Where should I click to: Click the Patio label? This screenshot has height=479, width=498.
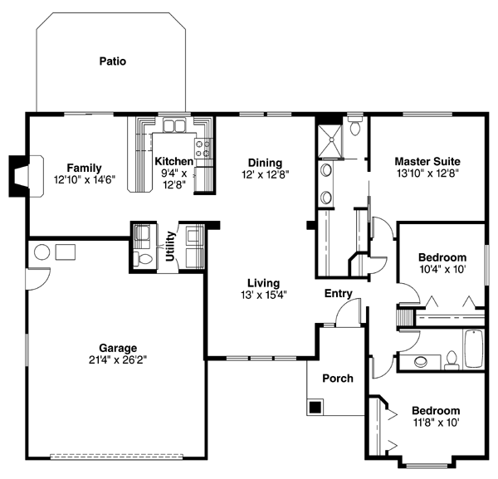pyautogui.click(x=113, y=61)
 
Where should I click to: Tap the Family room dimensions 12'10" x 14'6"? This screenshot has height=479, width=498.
pyautogui.click(x=85, y=180)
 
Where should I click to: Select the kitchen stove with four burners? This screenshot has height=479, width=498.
pyautogui.click(x=203, y=149)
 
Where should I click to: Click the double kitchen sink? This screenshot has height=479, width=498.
pyautogui.click(x=174, y=125)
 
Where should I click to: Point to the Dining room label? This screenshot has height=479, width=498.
pyautogui.click(x=266, y=163)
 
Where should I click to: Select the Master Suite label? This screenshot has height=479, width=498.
pyautogui.click(x=427, y=161)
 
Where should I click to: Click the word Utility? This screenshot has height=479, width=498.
pyautogui.click(x=170, y=247)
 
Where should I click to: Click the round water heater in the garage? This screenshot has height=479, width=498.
pyautogui.click(x=42, y=252)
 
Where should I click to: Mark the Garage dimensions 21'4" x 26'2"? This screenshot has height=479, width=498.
pyautogui.click(x=118, y=360)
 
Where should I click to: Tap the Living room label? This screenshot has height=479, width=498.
pyautogui.click(x=264, y=283)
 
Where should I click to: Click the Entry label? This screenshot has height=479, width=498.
pyautogui.click(x=339, y=294)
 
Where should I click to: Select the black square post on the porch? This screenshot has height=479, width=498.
pyautogui.click(x=315, y=407)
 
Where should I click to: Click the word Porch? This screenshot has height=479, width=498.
pyautogui.click(x=338, y=379)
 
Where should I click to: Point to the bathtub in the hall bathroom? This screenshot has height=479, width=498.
pyautogui.click(x=474, y=349)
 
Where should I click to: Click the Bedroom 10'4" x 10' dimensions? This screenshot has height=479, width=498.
pyautogui.click(x=442, y=269)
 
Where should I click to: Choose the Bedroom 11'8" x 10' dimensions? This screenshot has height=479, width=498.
pyautogui.click(x=436, y=423)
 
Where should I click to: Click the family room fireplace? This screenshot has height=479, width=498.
pyautogui.click(x=26, y=177)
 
